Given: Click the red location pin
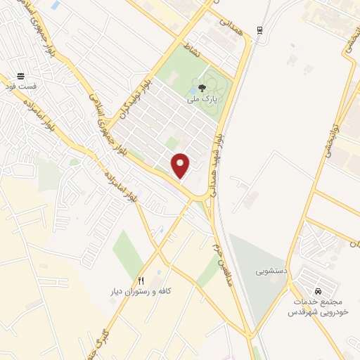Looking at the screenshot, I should (181, 165).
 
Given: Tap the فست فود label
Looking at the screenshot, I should (19, 85).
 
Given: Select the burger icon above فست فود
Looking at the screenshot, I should (20, 74).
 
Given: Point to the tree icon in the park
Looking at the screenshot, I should (202, 89).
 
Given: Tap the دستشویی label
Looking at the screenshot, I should (269, 270).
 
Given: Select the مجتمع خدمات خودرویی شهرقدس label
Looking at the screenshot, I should (319, 307).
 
